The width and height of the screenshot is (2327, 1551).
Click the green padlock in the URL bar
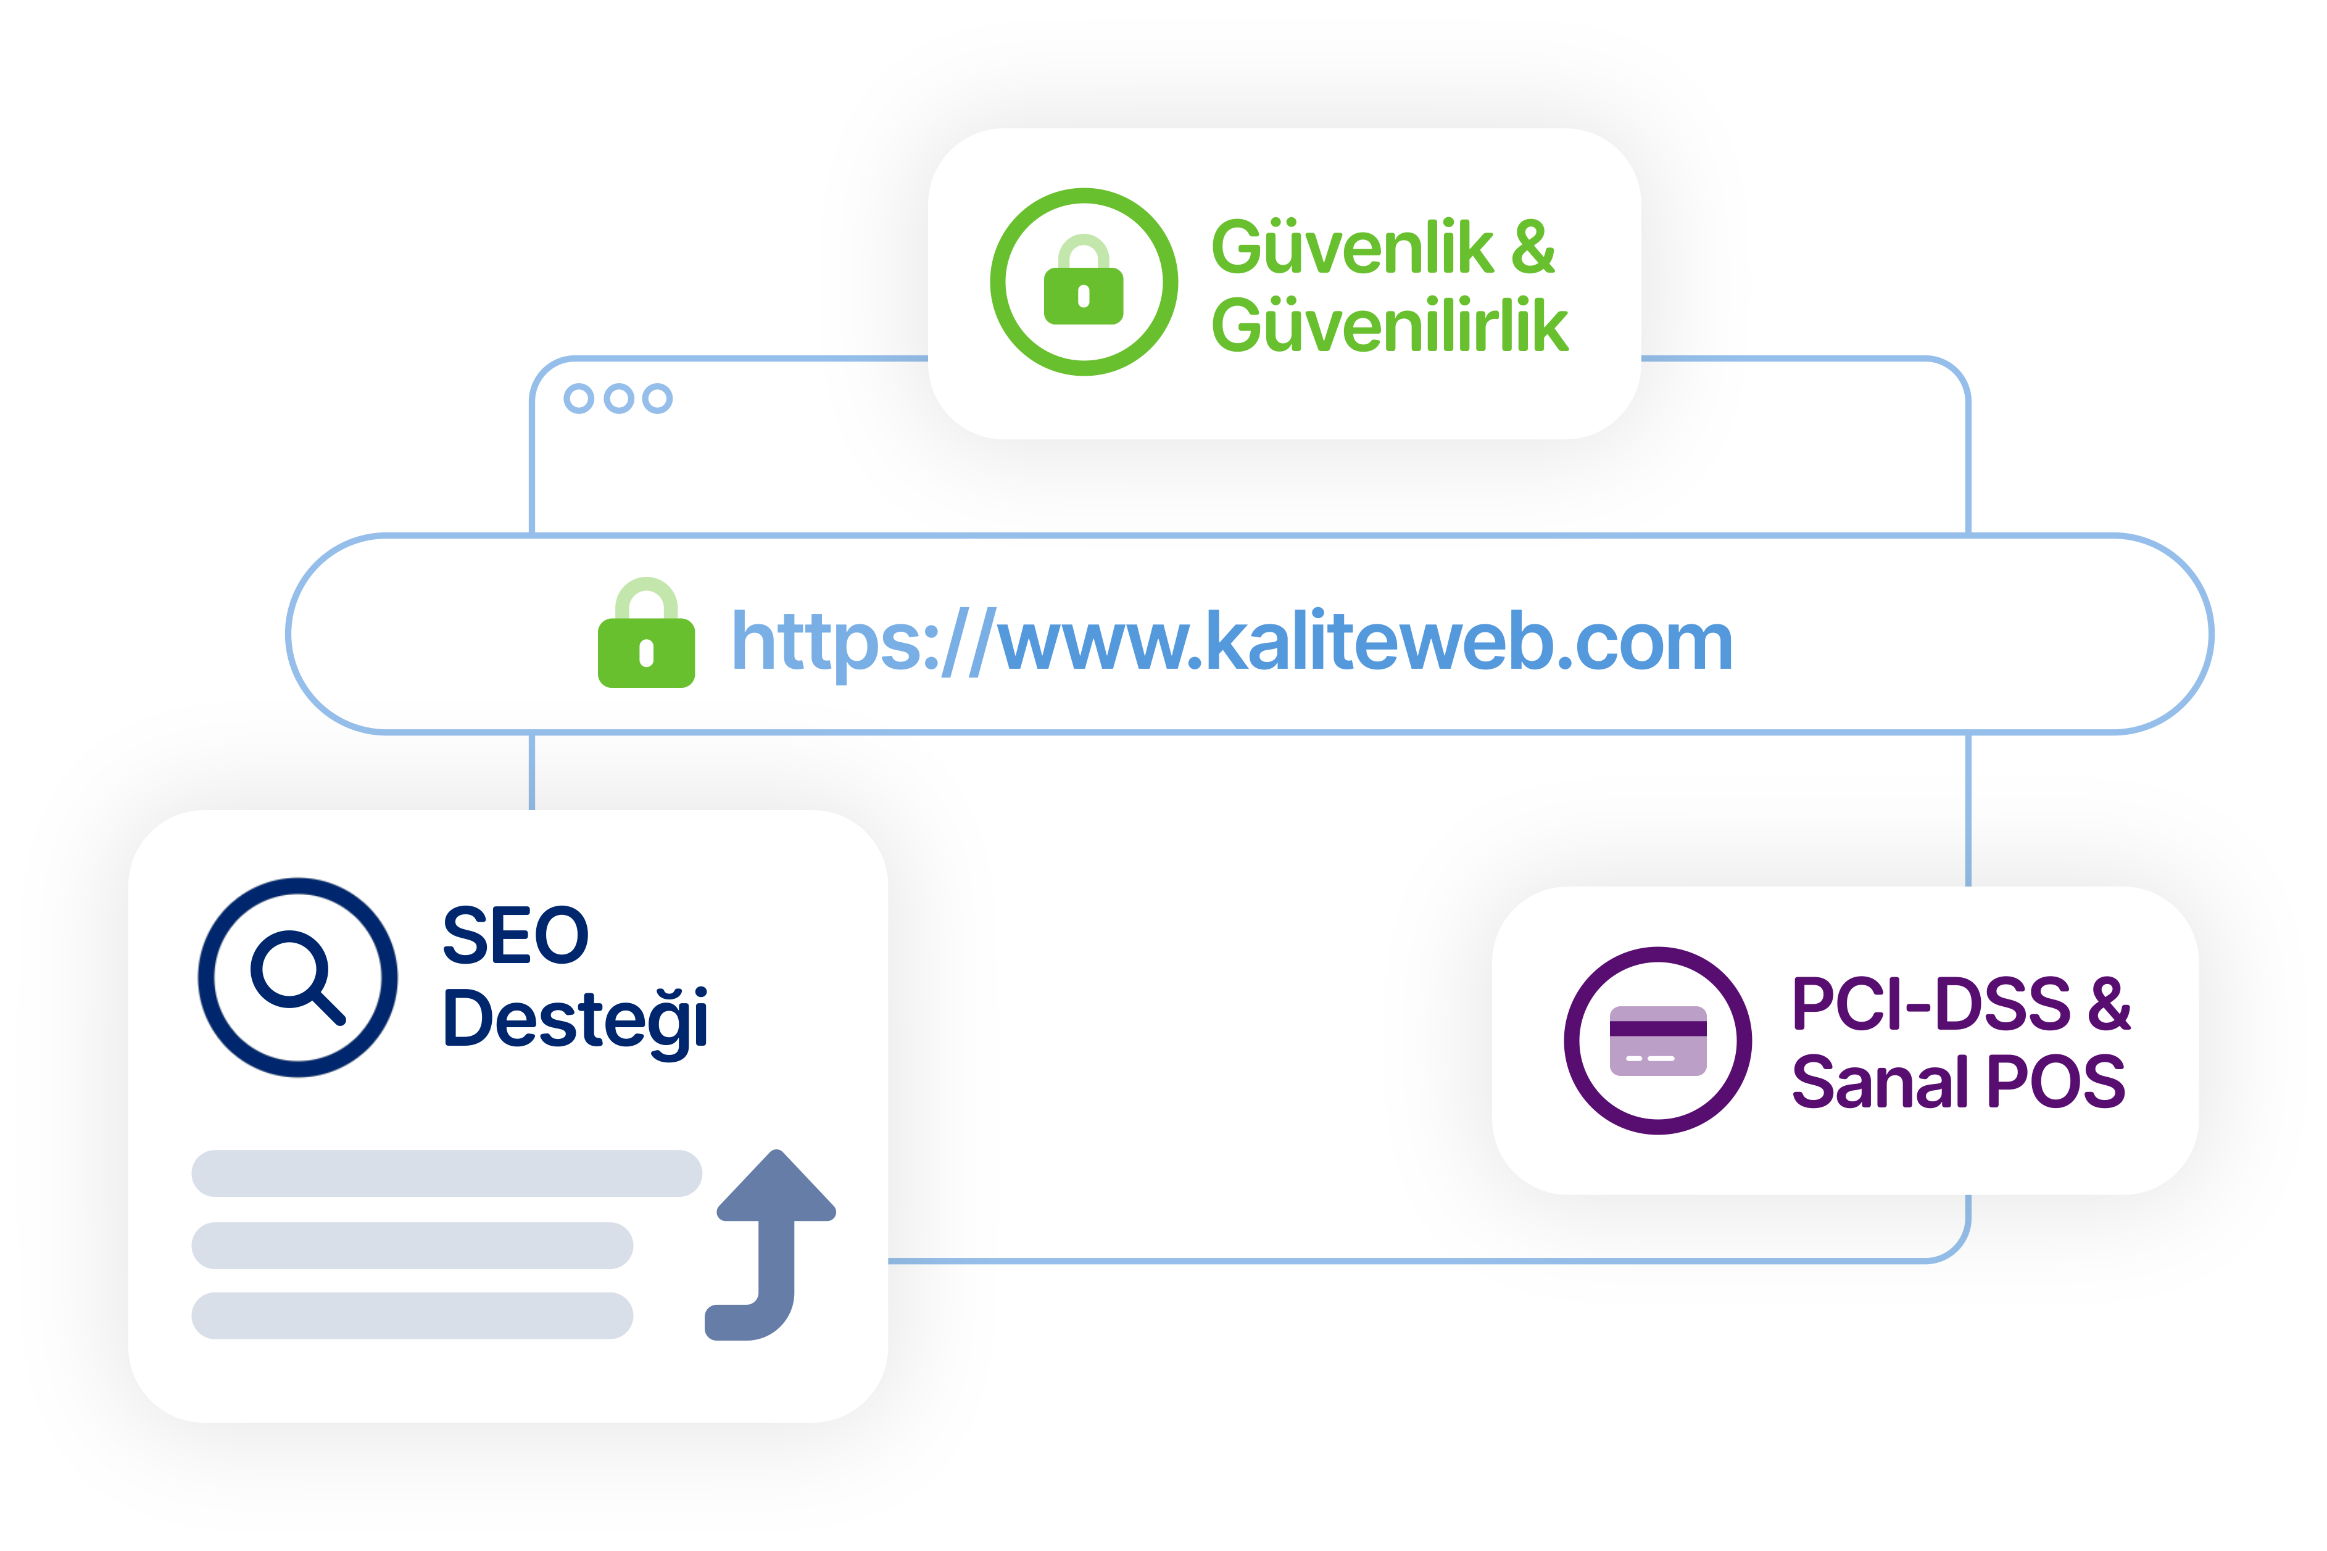click(646, 632)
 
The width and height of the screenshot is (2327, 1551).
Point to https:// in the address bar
click(861, 643)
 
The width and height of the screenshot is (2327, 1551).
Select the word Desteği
click(575, 1022)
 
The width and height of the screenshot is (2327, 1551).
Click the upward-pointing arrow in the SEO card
click(771, 1244)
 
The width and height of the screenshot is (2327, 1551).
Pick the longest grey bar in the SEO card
click(446, 1173)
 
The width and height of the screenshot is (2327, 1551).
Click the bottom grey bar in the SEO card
click(412, 1315)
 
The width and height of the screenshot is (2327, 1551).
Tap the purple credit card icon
click(1658, 1041)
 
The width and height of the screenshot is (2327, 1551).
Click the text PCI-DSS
click(1931, 1004)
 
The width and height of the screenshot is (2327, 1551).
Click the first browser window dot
click(579, 399)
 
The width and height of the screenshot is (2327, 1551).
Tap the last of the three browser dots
click(657, 399)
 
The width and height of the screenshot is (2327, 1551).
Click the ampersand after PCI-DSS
click(2109, 1004)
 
